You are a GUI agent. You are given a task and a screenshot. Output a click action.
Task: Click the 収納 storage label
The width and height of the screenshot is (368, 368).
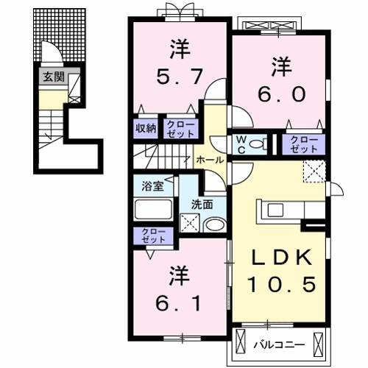point(145,128)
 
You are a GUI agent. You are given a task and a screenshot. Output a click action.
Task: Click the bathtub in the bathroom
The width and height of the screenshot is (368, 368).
point(152,210)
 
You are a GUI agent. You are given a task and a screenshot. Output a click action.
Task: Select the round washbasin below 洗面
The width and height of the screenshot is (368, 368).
point(215,224)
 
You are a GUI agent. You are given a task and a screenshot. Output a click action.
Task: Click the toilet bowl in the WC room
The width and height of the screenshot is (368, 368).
point(257,145)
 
